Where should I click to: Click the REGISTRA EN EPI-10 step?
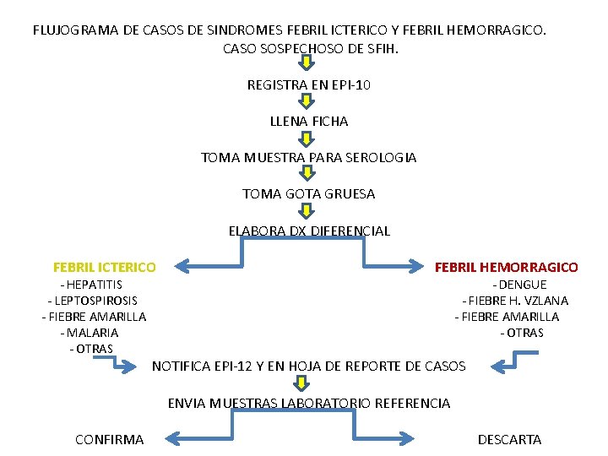309,85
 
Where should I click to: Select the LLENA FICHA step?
309,122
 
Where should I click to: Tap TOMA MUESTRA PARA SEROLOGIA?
309,158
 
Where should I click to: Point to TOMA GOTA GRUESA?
309,194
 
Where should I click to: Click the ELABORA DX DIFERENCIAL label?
309,231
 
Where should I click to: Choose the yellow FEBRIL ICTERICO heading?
104,268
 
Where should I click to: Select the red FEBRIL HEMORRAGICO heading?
507,268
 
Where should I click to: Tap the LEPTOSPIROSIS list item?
93,301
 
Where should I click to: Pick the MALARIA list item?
93,333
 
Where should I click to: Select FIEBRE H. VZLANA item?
515,301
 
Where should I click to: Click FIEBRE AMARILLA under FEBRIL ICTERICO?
94,317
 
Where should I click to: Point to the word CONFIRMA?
109,440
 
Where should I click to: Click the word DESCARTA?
510,440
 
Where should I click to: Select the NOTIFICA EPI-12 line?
309,366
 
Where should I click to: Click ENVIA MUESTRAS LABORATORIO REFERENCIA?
309,404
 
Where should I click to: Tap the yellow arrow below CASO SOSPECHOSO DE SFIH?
308,65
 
